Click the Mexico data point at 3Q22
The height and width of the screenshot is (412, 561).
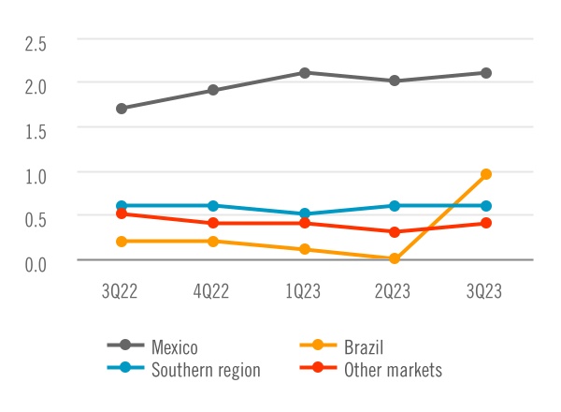coord(122,109)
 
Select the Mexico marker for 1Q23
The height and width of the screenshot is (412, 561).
coord(304,73)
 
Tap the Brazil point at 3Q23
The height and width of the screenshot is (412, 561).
coord(485,174)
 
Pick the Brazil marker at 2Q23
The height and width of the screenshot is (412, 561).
coord(395,258)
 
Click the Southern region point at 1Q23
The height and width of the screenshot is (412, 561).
coord(304,214)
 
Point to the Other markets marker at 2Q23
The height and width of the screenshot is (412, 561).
coord(395,232)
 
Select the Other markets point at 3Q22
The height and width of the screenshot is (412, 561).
coord(122,213)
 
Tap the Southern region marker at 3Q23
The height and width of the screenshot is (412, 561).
coord(485,206)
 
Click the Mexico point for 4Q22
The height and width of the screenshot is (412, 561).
coord(213,91)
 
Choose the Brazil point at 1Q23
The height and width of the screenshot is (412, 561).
coord(304,250)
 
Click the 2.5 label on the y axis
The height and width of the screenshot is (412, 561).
coord(36,43)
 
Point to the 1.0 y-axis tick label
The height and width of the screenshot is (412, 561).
coord(36,175)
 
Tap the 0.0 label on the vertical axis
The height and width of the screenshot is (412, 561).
coord(36,263)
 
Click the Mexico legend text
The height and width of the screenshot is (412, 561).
coord(175,347)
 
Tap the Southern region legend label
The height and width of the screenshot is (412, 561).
coord(206,370)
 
